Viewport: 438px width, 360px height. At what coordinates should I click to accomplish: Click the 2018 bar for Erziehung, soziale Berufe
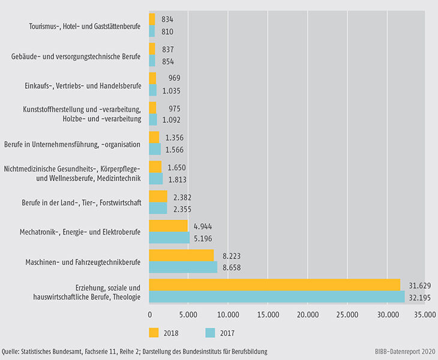click(274, 284)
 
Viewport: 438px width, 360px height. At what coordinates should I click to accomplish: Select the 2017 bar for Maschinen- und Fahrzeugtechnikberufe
click(183, 268)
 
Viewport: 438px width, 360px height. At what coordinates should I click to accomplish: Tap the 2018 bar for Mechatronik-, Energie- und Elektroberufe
click(168, 226)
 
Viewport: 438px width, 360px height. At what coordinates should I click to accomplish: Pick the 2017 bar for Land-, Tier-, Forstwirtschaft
click(158, 209)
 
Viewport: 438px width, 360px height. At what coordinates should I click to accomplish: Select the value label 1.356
click(174, 137)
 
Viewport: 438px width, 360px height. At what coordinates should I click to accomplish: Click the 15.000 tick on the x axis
click(268, 314)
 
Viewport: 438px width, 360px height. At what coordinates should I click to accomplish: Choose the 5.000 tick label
click(188, 314)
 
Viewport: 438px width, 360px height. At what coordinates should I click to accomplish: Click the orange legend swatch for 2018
click(154, 332)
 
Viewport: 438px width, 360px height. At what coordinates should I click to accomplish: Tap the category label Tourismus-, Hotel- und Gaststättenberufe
click(85, 26)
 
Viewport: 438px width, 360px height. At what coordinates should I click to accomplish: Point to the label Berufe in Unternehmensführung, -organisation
click(72, 144)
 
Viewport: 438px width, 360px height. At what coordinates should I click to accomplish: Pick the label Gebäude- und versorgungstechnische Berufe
click(76, 57)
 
